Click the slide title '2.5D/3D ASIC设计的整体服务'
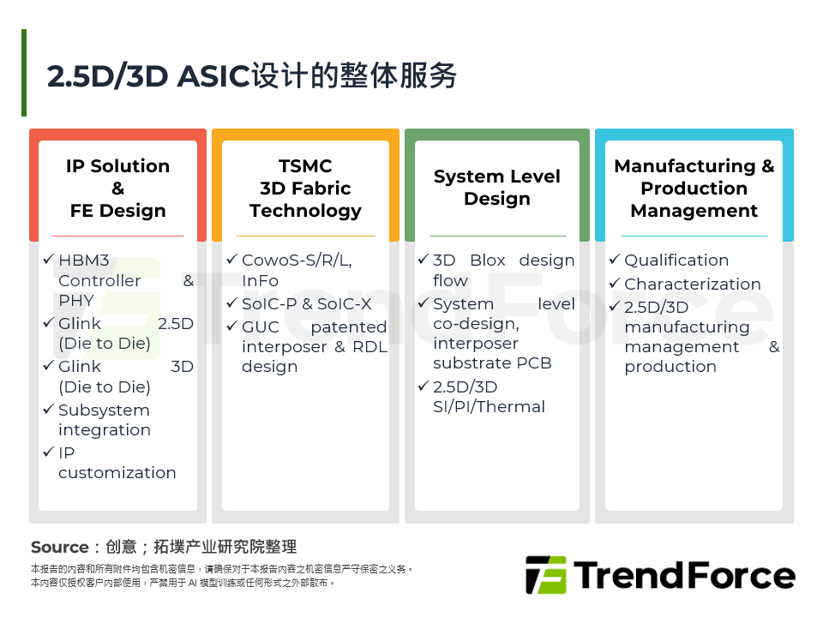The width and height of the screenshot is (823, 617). (x=252, y=76)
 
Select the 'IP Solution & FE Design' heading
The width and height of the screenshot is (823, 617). (x=117, y=189)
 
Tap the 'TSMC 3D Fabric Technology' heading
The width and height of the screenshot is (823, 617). (x=305, y=189)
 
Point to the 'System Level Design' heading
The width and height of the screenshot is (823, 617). (x=496, y=188)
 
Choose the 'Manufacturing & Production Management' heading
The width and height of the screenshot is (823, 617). (x=694, y=189)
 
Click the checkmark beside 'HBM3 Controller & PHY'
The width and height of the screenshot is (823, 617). (x=48, y=260)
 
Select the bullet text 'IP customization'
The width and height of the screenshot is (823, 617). (x=117, y=463)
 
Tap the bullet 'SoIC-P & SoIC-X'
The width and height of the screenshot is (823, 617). (x=306, y=304)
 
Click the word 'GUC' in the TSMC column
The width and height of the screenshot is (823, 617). (x=260, y=327)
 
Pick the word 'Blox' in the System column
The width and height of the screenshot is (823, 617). (x=488, y=261)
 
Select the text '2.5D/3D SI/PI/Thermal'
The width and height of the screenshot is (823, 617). (x=489, y=397)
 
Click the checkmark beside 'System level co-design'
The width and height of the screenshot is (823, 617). (x=423, y=304)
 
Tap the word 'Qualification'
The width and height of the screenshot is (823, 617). (x=676, y=261)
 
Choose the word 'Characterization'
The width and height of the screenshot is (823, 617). (x=692, y=285)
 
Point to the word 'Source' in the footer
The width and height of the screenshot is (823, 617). (x=59, y=548)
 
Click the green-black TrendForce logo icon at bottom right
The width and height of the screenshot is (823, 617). (x=545, y=575)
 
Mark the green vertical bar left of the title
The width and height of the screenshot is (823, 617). (x=24, y=73)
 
